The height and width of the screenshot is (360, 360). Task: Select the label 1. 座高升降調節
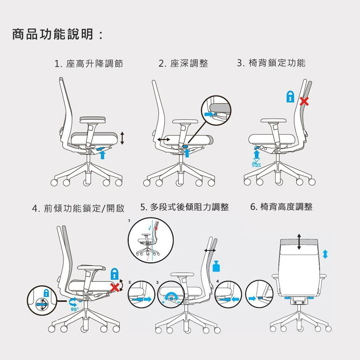89,64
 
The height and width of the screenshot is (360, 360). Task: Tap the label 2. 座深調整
184,64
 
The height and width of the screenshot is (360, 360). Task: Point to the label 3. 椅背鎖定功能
271,63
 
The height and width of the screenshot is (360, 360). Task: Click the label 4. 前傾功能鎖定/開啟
78,208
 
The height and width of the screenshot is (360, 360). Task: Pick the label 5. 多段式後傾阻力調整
185,207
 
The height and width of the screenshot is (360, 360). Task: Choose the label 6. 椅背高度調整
281,207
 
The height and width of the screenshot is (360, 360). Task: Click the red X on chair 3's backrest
304,102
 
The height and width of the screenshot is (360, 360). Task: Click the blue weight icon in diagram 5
216,266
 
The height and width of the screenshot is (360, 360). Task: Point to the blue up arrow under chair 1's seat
103,154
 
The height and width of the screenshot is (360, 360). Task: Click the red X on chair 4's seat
115,287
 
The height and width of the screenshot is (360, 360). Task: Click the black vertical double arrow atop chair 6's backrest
299,241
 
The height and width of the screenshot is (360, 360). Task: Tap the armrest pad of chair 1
93,119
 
